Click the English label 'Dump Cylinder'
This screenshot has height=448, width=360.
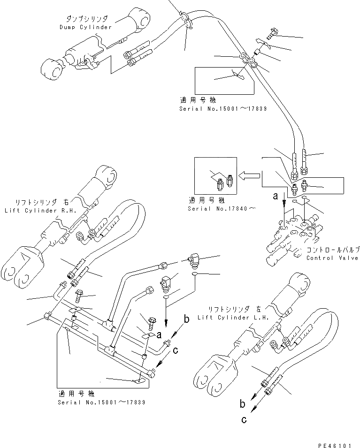[85, 27]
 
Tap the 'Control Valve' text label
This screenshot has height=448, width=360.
[331, 258]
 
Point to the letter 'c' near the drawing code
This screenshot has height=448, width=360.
[244, 420]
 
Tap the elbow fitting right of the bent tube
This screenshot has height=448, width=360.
[192, 259]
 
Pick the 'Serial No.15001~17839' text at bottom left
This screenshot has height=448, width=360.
[101, 402]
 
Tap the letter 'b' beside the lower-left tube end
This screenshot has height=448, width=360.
[186, 319]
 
